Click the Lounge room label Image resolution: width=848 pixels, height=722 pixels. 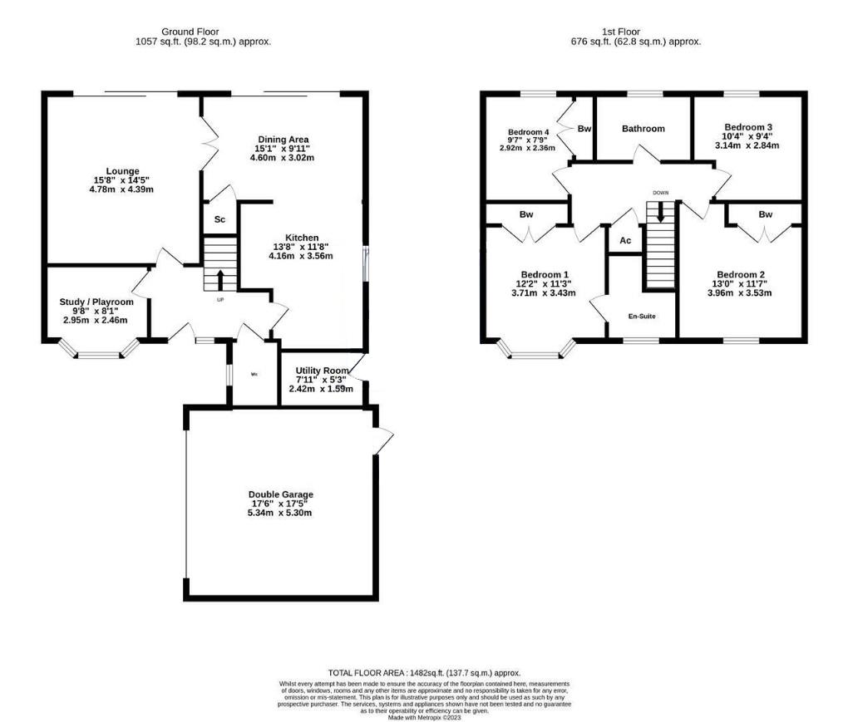tap(122, 171)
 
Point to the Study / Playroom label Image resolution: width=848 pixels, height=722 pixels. tap(96, 302)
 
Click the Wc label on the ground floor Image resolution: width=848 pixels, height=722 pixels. tap(255, 374)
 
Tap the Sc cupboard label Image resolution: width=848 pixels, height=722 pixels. tap(220, 220)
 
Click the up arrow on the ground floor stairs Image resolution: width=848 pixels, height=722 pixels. tap(220, 278)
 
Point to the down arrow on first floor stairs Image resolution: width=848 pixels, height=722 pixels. tap(661, 212)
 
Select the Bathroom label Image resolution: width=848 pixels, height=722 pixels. tap(643, 129)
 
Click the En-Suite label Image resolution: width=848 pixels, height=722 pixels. tap(643, 317)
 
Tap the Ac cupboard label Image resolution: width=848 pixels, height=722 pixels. tap(625, 240)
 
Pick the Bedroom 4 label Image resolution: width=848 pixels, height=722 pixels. tap(528, 132)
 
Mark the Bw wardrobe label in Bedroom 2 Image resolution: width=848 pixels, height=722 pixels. tap(764, 214)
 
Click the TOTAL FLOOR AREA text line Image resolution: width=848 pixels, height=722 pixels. tap(424, 672)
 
